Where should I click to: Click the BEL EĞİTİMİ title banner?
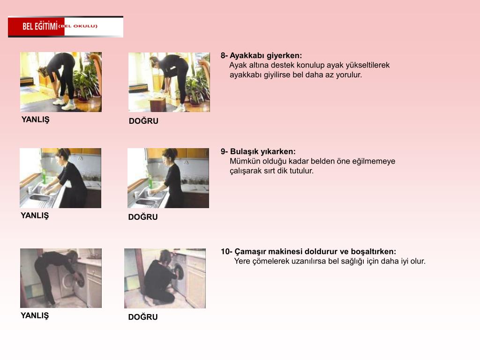click(x=66, y=27)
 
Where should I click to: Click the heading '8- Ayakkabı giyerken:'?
click(x=261, y=56)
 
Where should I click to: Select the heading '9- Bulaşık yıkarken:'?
click(x=258, y=151)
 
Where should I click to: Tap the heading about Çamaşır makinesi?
click(x=308, y=252)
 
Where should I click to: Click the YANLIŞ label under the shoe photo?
click(x=35, y=120)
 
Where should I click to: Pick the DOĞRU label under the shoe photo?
click(x=143, y=121)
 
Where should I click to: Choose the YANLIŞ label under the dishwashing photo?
click(x=35, y=216)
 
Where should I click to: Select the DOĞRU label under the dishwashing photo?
click(x=143, y=217)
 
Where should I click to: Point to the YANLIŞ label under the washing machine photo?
click(x=35, y=315)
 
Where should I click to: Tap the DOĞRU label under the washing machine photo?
click(x=143, y=317)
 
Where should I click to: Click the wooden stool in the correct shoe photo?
click(x=157, y=104)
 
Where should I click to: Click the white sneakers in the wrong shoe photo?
click(x=64, y=104)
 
